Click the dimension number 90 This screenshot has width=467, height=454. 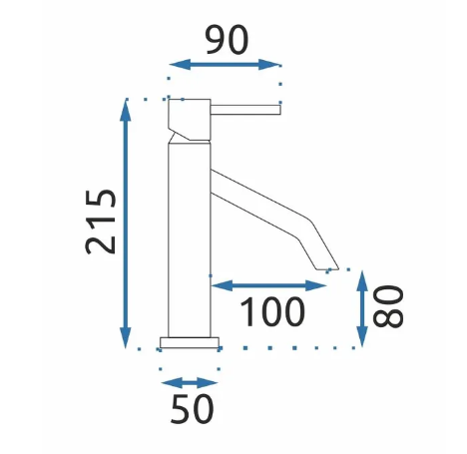click(228, 40)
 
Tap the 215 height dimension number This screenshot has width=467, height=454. click(101, 222)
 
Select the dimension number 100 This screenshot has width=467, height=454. click(271, 312)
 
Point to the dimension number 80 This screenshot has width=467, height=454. click(388, 307)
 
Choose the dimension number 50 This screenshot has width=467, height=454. click(193, 409)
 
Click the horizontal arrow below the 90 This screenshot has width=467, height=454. click(225, 65)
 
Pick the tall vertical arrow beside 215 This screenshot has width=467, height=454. click(126, 224)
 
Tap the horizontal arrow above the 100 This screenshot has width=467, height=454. click(268, 285)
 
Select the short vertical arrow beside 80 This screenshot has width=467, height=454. click(362, 309)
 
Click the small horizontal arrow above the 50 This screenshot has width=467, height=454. click(190, 383)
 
